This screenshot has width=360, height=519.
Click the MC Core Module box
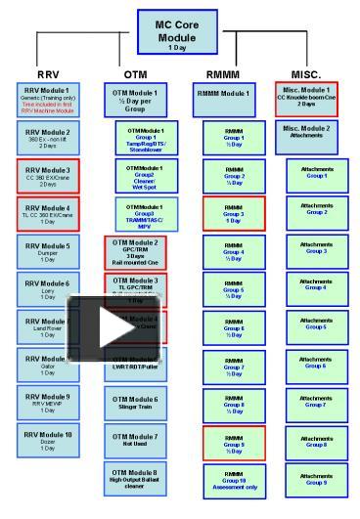177,33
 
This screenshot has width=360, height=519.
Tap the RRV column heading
47,74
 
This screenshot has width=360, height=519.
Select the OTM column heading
136,74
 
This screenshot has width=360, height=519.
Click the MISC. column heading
305,74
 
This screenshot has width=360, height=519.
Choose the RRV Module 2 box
47,138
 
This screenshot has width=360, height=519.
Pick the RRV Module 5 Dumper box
47,252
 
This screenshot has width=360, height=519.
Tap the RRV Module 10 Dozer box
47,441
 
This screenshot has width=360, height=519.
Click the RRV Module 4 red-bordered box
47,213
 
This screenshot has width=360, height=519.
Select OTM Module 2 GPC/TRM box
135,252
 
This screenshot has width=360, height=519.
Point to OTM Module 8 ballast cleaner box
135,479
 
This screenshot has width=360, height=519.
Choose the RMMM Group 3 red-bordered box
233,212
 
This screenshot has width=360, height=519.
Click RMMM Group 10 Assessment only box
233,479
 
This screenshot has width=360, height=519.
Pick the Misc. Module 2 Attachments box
306,132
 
